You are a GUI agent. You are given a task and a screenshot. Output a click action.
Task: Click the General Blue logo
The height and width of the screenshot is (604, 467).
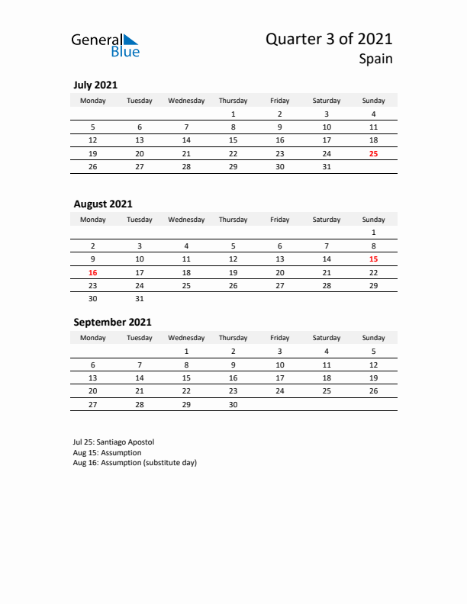[105, 44]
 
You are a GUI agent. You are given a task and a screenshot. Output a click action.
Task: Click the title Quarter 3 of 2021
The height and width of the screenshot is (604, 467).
[329, 39]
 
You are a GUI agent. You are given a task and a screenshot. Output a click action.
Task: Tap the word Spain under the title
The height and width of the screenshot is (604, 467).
[377, 59]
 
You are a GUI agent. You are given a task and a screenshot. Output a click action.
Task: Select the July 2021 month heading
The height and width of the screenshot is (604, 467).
[95, 85]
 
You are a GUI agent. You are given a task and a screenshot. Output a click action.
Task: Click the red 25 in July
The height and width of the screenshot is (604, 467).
[373, 153]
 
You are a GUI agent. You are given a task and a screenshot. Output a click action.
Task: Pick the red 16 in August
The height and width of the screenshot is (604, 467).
[93, 271]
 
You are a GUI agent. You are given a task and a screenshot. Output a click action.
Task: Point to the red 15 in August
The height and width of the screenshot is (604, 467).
[373, 259]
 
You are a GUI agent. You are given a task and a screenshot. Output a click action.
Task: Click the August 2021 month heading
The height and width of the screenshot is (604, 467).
[103, 204]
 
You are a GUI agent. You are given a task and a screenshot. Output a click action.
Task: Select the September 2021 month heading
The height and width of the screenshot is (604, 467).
[112, 322]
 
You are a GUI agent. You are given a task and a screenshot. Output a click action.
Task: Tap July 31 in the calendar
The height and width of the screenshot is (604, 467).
[327, 166]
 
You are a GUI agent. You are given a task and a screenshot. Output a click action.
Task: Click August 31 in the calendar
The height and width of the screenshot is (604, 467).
[140, 298]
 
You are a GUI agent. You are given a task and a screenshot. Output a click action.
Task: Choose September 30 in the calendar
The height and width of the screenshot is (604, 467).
[233, 404]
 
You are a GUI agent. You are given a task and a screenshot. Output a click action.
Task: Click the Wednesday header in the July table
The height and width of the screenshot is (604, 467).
[186, 101]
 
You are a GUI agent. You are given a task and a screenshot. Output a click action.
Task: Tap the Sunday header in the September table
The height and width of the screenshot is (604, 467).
[373, 337]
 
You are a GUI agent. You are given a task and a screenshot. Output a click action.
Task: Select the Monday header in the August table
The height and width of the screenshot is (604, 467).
[93, 220]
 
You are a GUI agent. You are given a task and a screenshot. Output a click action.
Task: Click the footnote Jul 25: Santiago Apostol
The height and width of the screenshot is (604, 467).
[114, 442]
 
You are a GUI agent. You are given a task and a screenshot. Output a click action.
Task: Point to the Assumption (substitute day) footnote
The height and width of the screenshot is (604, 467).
[135, 463]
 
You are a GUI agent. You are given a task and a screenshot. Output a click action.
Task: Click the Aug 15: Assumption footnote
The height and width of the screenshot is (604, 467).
[107, 452]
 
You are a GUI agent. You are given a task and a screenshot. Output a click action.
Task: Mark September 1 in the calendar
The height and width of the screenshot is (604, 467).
[186, 352]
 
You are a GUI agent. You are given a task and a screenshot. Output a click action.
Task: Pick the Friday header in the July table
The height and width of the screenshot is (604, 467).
[279, 101]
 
